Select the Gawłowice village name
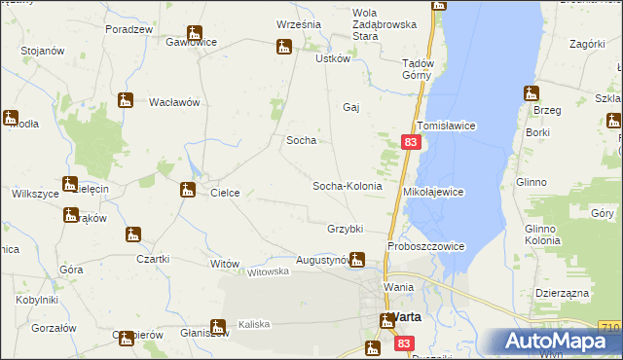(191, 43)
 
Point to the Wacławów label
(174, 101)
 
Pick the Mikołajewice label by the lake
(433, 193)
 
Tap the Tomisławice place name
(445, 126)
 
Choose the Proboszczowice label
(425, 246)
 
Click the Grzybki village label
(346, 229)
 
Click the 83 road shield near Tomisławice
(410, 143)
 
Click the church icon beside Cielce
(188, 189)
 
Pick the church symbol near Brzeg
(531, 93)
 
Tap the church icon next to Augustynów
(357, 259)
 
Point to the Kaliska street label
(253, 324)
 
